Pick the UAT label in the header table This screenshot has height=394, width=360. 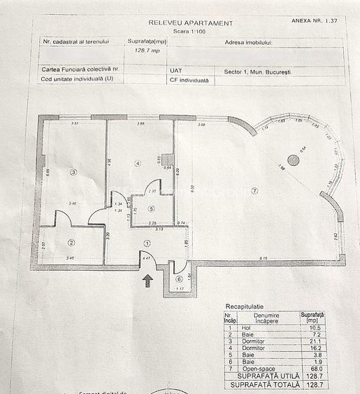(x=175, y=71)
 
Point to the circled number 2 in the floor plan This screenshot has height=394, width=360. (x=71, y=243)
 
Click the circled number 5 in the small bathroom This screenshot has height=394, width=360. (x=152, y=209)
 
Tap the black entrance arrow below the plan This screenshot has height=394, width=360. (x=147, y=281)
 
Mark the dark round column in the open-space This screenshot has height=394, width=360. (x=293, y=160)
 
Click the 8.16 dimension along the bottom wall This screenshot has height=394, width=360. (x=262, y=258)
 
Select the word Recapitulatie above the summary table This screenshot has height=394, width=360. (x=244, y=307)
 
